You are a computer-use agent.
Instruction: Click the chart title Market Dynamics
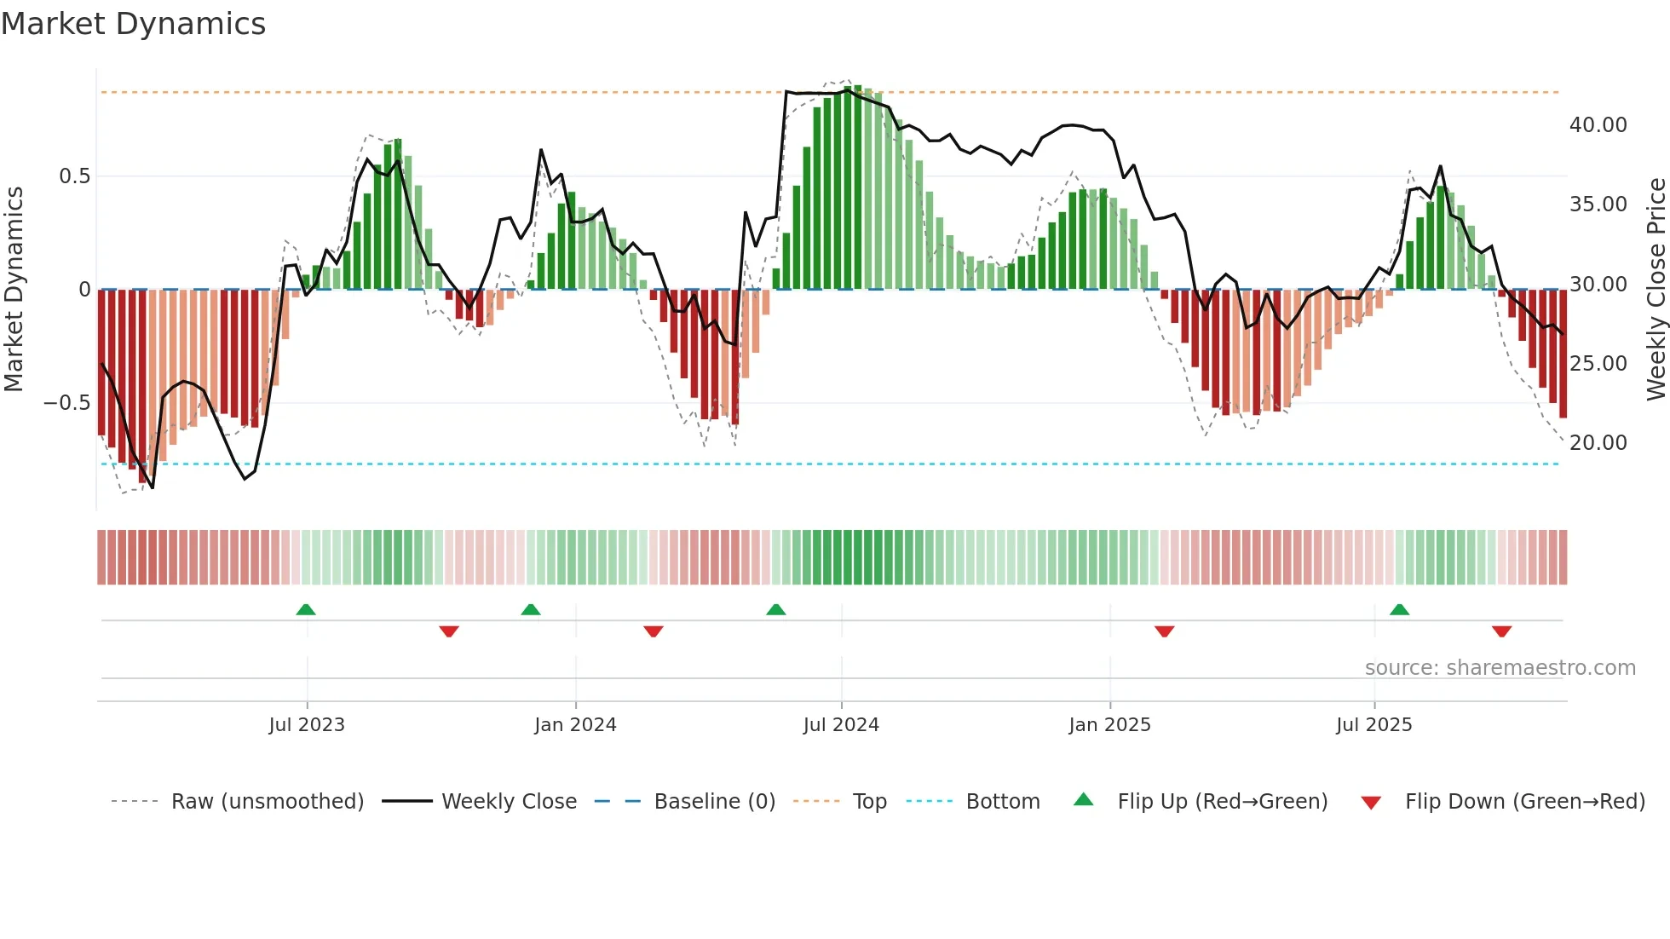pyautogui.click(x=133, y=24)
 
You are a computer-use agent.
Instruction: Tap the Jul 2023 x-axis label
pyautogui.click(x=307, y=725)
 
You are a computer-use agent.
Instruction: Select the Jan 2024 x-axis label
pyautogui.click(x=575, y=725)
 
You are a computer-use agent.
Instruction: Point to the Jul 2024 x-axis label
pyautogui.click(x=841, y=725)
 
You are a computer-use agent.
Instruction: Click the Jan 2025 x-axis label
pyautogui.click(x=1109, y=725)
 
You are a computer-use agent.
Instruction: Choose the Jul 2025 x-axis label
pyautogui.click(x=1373, y=725)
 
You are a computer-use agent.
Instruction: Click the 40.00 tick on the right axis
pyautogui.click(x=1598, y=125)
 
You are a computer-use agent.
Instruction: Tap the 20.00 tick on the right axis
pyautogui.click(x=1598, y=443)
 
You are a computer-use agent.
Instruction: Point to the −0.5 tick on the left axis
pyautogui.click(x=66, y=403)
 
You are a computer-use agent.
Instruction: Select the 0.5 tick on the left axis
pyautogui.click(x=74, y=176)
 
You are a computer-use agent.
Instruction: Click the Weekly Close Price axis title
pyautogui.click(x=1656, y=290)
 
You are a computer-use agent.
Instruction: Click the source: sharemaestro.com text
pyautogui.click(x=1500, y=668)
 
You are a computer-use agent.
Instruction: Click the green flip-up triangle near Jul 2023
pyautogui.click(x=306, y=610)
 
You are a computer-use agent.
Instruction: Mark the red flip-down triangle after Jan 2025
pyautogui.click(x=1164, y=631)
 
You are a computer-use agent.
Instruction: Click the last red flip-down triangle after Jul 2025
pyautogui.click(x=1501, y=631)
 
